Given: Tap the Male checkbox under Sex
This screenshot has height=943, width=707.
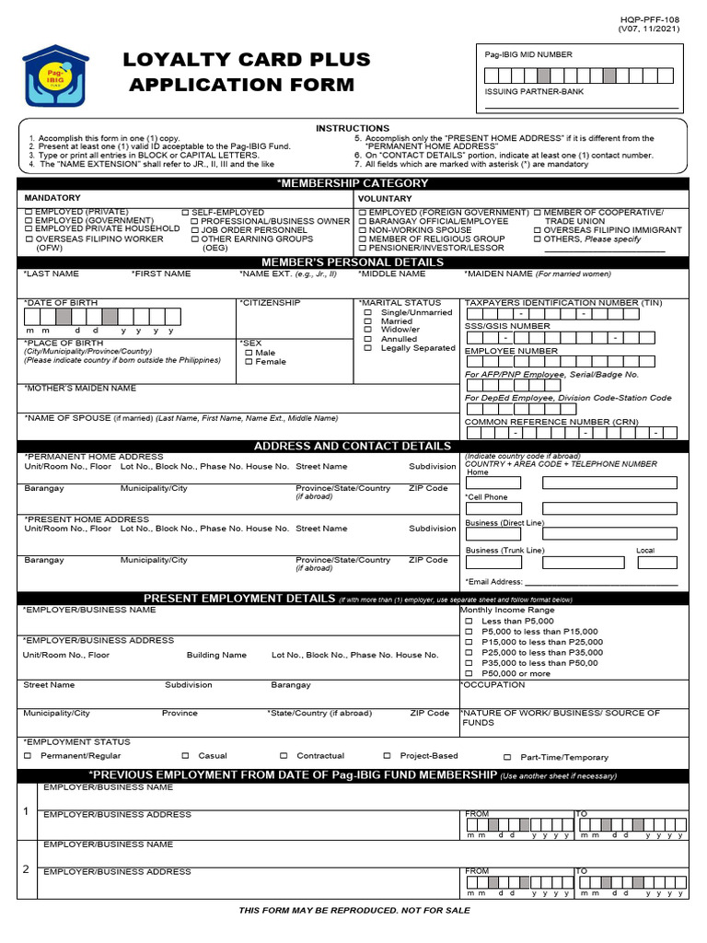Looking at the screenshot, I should click(x=249, y=353).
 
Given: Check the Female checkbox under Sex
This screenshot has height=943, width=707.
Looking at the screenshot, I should click(x=249, y=362).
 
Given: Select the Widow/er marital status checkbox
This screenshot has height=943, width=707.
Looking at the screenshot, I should click(x=368, y=330).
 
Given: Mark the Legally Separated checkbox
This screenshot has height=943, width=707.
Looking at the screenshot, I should click(x=368, y=348).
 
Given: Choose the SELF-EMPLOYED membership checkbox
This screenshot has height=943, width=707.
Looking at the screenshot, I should click(x=185, y=213).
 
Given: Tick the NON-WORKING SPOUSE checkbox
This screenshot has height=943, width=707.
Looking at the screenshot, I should click(x=363, y=230).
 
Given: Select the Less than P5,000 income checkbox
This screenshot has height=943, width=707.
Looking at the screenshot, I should click(x=469, y=622).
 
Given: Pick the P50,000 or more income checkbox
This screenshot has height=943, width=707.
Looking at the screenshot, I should click(x=469, y=673).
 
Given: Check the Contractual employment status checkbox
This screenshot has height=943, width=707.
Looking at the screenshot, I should click(x=284, y=756).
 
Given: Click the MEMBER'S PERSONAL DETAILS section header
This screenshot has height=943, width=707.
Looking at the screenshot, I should click(x=353, y=262).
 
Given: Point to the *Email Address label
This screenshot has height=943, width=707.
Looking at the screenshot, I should click(x=494, y=582).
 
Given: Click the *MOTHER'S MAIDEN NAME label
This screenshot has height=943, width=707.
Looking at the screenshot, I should click(x=80, y=389).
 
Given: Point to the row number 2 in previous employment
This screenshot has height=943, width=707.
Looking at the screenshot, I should click(x=26, y=868).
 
